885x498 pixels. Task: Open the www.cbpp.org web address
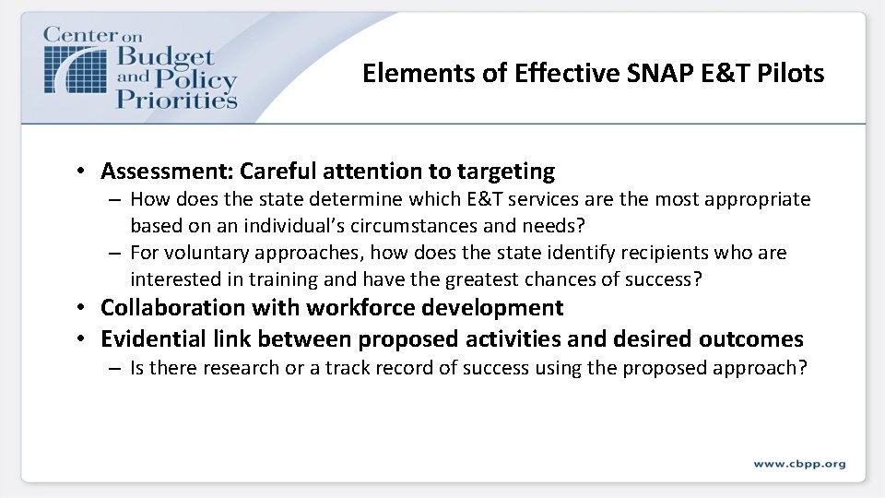[x=798, y=464]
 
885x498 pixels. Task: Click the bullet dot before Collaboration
[x=82, y=308]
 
